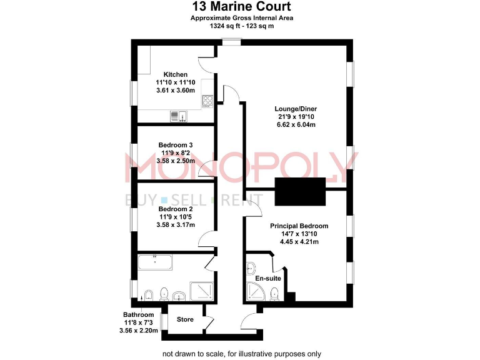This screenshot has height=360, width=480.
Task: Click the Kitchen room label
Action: click(x=175, y=74)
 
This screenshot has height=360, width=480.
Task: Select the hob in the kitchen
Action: click(x=208, y=102)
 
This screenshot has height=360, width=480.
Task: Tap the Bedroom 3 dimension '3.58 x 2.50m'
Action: click(x=175, y=161)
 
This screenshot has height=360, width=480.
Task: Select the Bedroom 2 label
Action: click(x=175, y=209)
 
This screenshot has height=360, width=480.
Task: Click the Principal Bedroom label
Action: click(x=299, y=226)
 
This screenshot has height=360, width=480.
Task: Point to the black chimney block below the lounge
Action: click(x=301, y=191)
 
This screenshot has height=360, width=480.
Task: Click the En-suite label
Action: click(x=267, y=278)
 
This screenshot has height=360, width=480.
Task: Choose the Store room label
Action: click(x=185, y=319)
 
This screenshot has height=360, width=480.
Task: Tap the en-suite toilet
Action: click(x=274, y=293)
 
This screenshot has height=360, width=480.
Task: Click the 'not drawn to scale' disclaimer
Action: click(x=241, y=354)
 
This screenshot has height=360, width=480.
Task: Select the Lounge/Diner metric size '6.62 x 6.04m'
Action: click(x=296, y=124)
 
